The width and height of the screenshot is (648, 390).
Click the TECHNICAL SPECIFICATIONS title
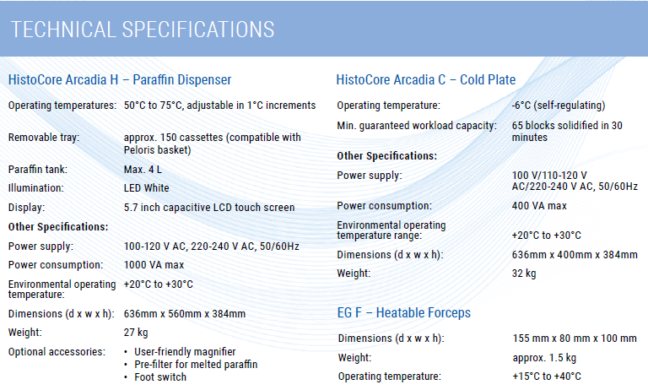[143, 30]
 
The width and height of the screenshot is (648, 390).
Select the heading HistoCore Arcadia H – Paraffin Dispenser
[120, 80]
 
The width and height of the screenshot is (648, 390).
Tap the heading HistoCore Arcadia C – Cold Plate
[426, 80]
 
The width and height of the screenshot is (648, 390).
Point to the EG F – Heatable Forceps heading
[403, 313]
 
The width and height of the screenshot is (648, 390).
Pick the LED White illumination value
[146, 187]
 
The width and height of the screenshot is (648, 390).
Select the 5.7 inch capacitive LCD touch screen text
[208, 207]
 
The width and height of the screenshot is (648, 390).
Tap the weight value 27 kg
[136, 333]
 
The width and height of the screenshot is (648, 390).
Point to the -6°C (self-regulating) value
[559, 106]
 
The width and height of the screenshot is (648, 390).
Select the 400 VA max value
[539, 206]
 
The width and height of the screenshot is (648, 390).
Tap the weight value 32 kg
[524, 274]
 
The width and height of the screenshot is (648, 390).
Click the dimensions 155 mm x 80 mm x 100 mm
[574, 339]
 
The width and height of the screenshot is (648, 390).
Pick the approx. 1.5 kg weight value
[544, 358]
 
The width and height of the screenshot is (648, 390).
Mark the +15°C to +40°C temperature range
[546, 376]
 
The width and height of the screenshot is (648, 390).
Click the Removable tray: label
[43, 137]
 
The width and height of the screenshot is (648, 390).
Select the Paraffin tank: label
[37, 169]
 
